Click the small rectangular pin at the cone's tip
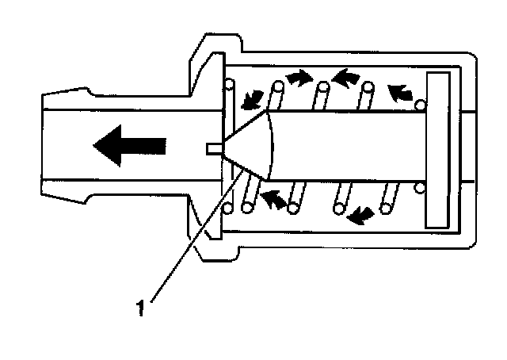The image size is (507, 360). [x=214, y=147]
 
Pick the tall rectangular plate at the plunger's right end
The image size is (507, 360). [x=438, y=147]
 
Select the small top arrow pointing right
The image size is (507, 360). [x=298, y=77]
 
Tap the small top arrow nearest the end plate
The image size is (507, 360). [x=401, y=93]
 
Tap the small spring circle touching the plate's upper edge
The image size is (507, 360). [x=420, y=104]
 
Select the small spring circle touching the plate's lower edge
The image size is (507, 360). [x=420, y=189]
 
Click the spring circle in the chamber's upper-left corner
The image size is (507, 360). [x=230, y=84]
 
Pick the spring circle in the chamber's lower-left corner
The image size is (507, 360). [x=229, y=209]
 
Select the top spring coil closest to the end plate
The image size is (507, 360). [x=367, y=96]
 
